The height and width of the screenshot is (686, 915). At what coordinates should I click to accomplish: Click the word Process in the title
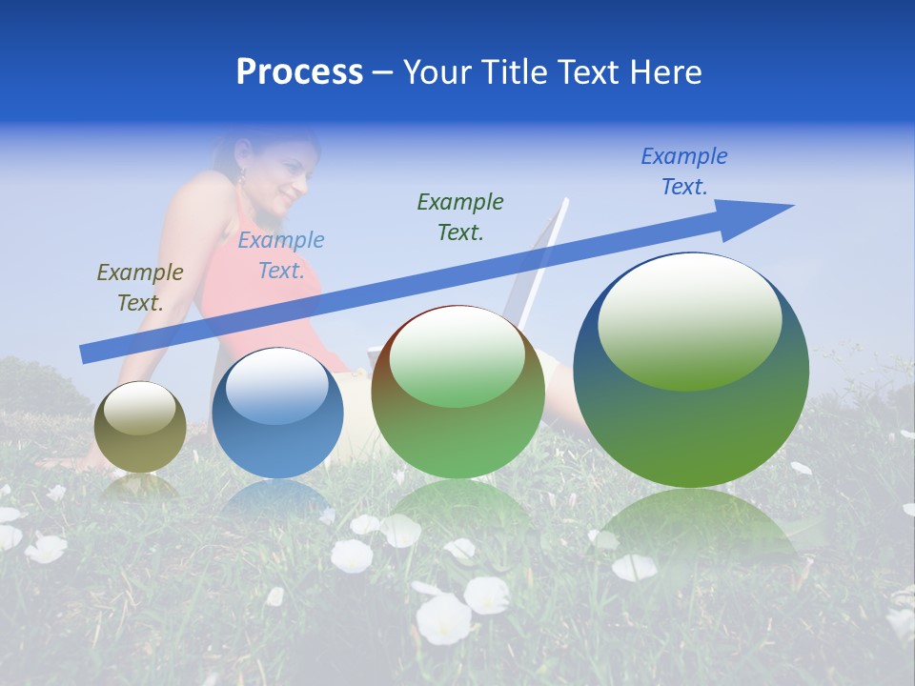point(299,72)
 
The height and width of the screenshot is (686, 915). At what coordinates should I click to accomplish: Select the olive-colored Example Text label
point(140,288)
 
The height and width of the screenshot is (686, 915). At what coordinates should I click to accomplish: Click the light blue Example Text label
point(281,255)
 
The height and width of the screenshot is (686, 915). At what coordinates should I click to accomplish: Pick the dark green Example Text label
point(460,217)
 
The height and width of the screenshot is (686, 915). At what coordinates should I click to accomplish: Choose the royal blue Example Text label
point(684,171)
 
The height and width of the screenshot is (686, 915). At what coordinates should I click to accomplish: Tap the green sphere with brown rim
point(457,393)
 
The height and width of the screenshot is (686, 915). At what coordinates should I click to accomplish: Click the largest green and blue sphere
point(691,372)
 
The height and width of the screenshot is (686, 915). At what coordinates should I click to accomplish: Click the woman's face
point(286,176)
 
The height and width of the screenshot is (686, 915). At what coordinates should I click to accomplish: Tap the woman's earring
point(242,176)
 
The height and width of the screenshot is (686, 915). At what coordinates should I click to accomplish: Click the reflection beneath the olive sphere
point(140,488)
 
